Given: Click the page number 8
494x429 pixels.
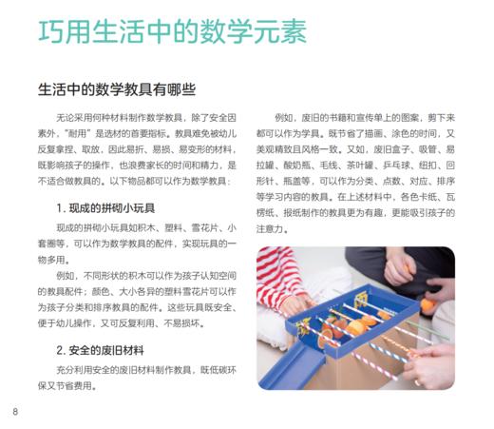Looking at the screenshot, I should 16,412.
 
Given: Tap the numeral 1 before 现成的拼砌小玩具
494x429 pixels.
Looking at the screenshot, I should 59,206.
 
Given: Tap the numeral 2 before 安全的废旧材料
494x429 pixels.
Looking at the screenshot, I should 59,347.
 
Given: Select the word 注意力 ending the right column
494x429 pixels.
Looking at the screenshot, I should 273,229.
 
